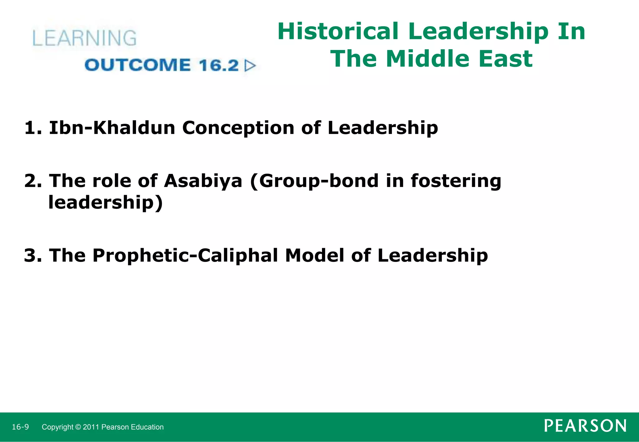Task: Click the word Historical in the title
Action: [x=338, y=31]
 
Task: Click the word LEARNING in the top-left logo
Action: [x=84, y=38]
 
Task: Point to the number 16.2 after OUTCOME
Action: [x=218, y=65]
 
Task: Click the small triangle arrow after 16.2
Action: [x=250, y=66]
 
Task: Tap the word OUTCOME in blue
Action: [x=138, y=65]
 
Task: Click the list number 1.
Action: [x=32, y=128]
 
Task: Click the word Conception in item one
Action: [x=238, y=128]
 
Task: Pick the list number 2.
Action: [x=33, y=181]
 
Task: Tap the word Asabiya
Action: [x=203, y=181]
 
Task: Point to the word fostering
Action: [x=456, y=181]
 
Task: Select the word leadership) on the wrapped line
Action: [x=105, y=203]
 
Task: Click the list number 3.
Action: [x=33, y=255]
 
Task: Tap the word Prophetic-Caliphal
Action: [x=185, y=255]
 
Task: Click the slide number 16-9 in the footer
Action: [x=20, y=427]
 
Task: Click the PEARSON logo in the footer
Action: [x=585, y=426]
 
